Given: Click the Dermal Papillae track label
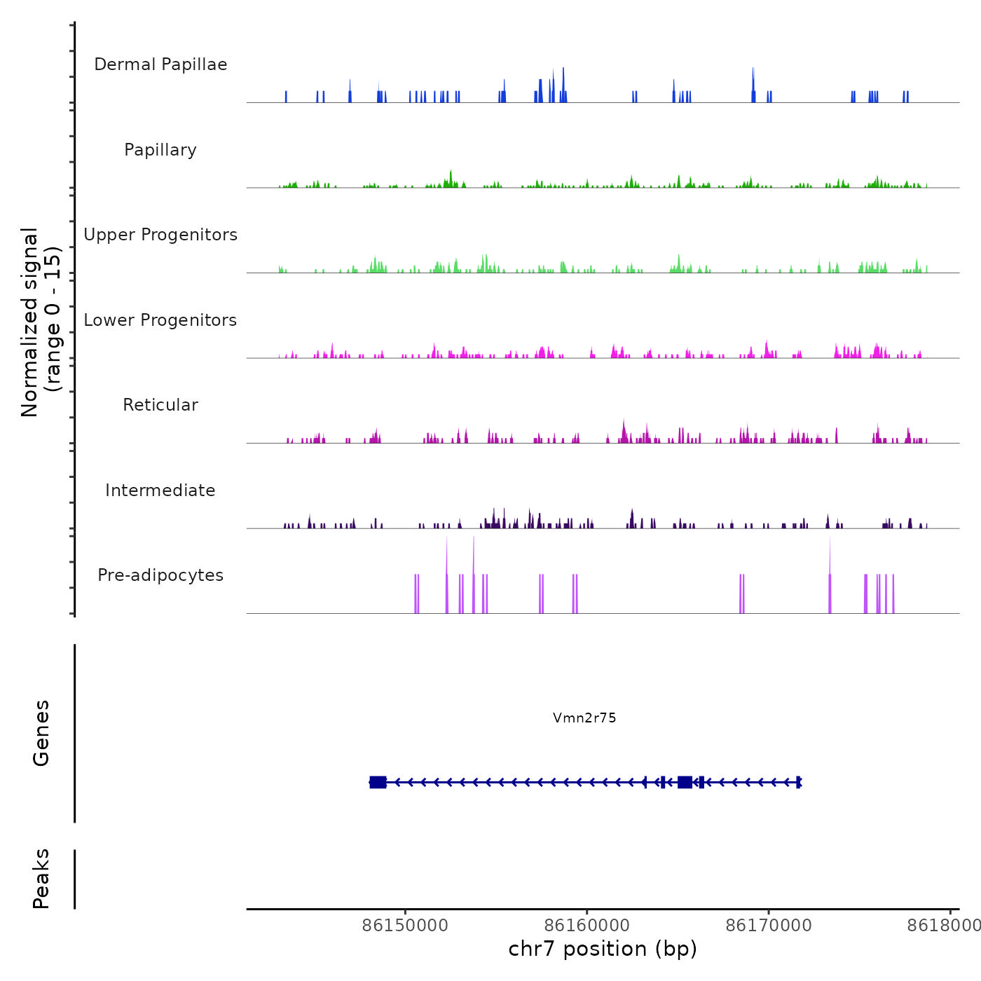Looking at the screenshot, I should (160, 64).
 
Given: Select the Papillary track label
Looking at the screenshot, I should (160, 150).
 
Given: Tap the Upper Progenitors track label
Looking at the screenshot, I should (160, 235).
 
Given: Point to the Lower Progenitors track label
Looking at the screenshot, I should (160, 320).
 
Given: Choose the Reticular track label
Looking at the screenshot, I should (160, 405).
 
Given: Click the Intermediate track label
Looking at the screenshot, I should (160, 490).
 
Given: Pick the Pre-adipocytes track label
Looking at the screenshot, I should (160, 575).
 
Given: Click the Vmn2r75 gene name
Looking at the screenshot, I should (584, 718).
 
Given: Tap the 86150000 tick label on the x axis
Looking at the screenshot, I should (405, 926).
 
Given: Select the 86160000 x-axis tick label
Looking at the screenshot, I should (586, 926).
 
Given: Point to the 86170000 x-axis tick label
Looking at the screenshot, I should (769, 926).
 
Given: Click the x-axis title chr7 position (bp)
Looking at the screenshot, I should (603, 949).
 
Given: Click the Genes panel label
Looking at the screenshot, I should (41, 733).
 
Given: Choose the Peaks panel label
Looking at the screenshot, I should (41, 879).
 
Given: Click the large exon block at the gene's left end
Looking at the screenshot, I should (378, 782).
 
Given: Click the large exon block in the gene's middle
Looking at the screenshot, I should (685, 782).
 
